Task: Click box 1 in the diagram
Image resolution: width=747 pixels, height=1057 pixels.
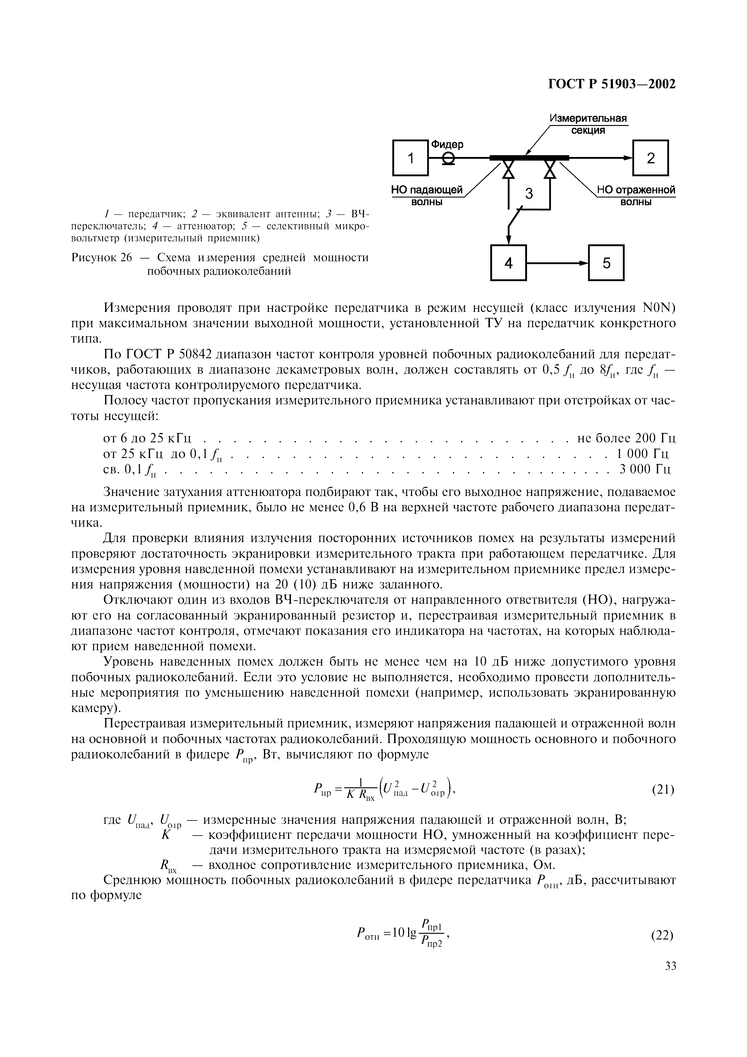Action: point(410,158)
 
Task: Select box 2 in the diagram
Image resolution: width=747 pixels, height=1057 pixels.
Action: point(650,158)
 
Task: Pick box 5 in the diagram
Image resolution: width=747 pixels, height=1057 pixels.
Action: point(606,263)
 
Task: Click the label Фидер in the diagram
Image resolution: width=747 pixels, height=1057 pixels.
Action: point(447,144)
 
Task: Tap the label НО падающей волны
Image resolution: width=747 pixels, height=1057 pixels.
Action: point(426,196)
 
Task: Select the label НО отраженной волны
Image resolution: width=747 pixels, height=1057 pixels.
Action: point(636,196)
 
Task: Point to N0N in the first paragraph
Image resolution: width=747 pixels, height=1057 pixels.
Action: point(659,308)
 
